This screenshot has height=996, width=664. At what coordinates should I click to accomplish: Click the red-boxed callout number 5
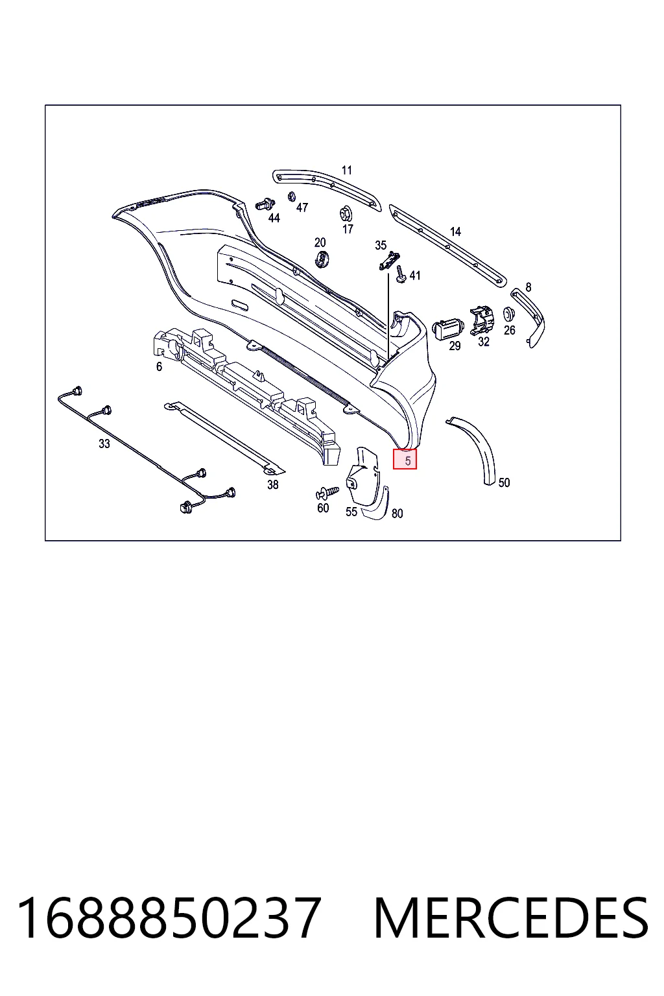tap(408, 460)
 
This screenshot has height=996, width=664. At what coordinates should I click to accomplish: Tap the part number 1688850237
tap(169, 918)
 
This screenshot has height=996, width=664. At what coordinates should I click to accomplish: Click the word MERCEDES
tap(512, 918)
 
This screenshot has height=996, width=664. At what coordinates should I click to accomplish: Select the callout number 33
tap(104, 444)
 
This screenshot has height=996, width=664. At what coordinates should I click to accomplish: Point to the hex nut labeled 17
tap(346, 215)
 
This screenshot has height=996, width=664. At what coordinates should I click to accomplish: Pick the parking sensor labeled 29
tap(448, 330)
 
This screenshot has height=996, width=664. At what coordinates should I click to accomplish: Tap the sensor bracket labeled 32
tap(482, 320)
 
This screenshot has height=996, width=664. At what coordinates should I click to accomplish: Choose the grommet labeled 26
tap(509, 314)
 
